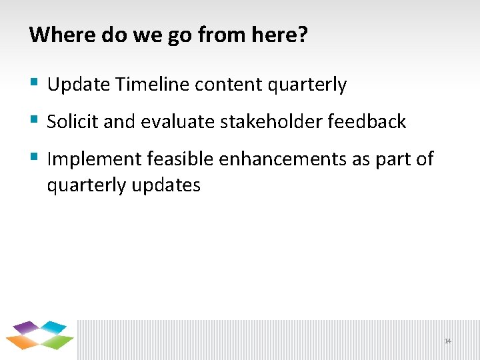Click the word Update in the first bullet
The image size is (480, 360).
click(x=78, y=85)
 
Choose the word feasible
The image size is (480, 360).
click(x=182, y=159)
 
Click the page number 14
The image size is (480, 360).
click(x=447, y=341)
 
